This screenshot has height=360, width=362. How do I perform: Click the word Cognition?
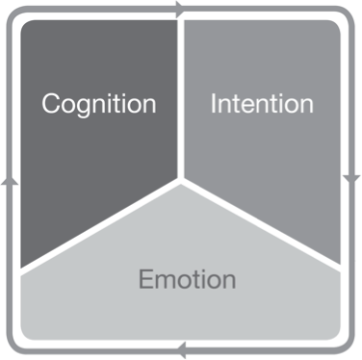point(98,104)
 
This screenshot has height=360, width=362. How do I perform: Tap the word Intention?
point(262,104)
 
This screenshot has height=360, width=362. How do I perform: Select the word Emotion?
point(187,280)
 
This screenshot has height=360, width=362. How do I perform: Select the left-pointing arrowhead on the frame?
point(182,351)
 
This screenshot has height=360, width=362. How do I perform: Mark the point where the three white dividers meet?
point(180,179)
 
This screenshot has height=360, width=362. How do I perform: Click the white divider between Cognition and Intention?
point(180,96)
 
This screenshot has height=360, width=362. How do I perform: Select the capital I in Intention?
point(214,104)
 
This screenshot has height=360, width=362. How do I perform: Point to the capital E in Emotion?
point(145,280)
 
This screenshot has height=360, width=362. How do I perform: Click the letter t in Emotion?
point(198,280)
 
